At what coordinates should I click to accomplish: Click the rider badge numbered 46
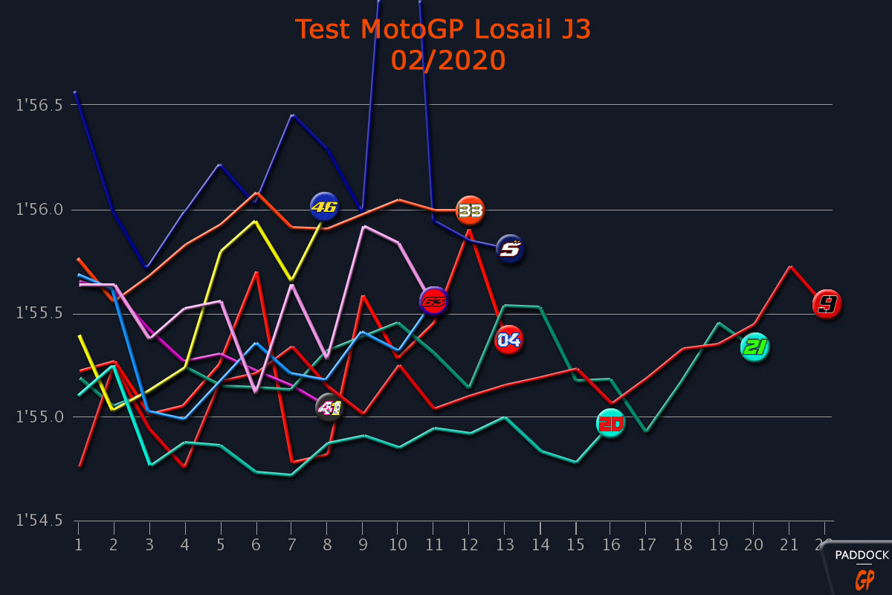coord(324,206)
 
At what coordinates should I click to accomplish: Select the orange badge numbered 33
coord(470,210)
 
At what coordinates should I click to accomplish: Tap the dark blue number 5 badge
coord(510,249)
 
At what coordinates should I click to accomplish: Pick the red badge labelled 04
coord(509,340)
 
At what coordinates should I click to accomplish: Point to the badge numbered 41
coord(329,408)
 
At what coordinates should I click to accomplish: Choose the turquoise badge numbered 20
coord(611,423)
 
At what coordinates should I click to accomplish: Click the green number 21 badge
coord(754,347)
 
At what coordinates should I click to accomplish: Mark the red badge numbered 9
coord(827,304)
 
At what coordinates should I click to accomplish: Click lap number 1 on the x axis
coord(78,545)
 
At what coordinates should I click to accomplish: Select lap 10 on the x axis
coord(399,545)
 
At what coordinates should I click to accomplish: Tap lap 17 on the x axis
coord(647,545)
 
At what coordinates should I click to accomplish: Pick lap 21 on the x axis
coord(790,545)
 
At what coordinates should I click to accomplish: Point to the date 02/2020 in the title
coord(448,60)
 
